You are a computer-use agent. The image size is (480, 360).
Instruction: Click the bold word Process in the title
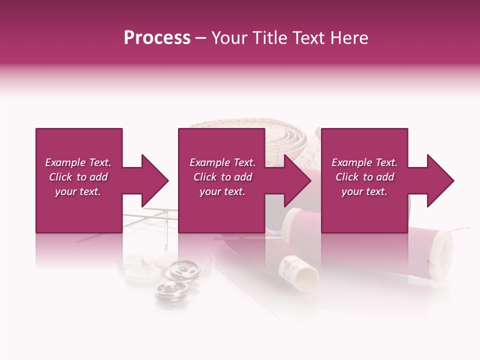[x=157, y=38]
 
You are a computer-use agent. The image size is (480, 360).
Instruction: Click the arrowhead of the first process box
[x=155, y=180]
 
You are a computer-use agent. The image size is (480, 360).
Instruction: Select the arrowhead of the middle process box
[x=297, y=180]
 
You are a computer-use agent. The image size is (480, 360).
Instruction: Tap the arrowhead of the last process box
[x=440, y=180]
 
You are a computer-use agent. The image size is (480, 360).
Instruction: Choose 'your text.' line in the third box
[x=364, y=191]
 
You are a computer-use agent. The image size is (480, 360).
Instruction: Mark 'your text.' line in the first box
[x=77, y=191]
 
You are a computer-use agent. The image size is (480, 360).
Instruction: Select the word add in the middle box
[x=243, y=177]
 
